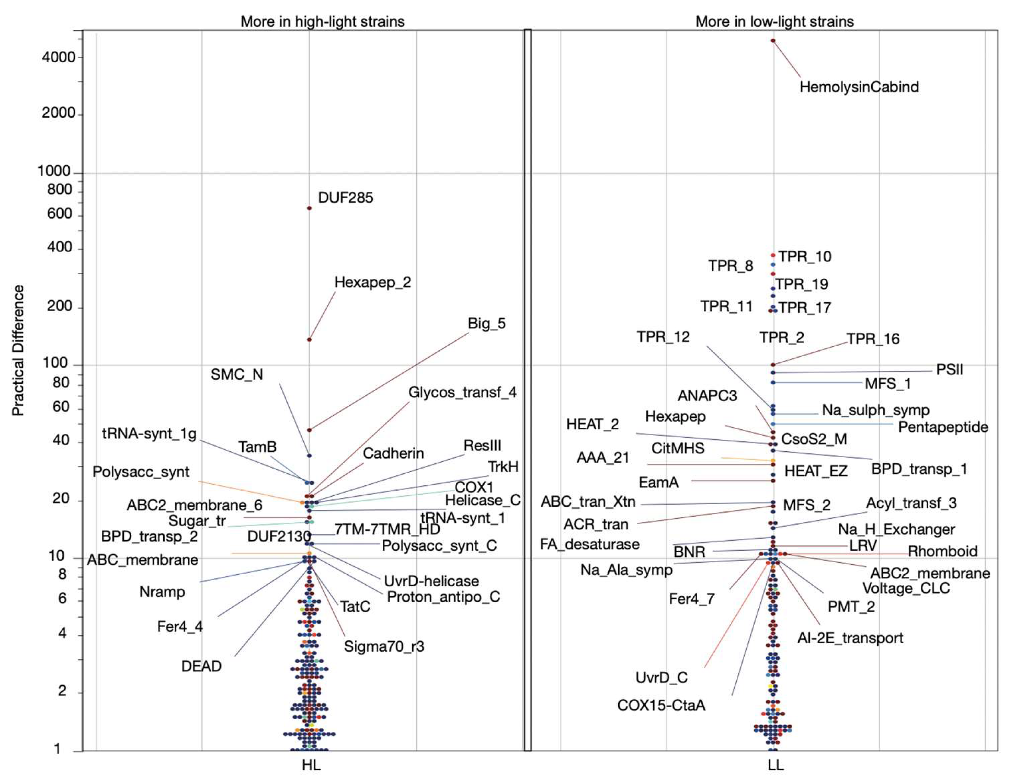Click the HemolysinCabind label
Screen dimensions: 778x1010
(x=859, y=87)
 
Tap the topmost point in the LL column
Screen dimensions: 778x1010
(x=773, y=41)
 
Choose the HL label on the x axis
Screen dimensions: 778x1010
(x=311, y=765)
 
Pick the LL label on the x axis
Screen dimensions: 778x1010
(x=776, y=765)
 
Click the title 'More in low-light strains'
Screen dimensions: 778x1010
(x=774, y=21)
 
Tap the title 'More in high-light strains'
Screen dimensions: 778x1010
(x=322, y=21)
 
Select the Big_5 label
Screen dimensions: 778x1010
(x=487, y=323)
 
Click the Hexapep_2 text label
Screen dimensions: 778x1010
(x=373, y=282)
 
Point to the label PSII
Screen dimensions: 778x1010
(x=950, y=369)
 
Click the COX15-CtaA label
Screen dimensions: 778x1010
(x=661, y=705)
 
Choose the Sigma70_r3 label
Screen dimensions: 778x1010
(x=384, y=646)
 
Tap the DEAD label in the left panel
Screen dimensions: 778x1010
(x=201, y=666)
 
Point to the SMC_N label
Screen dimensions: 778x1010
(x=237, y=374)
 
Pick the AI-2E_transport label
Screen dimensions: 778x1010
(x=850, y=638)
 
